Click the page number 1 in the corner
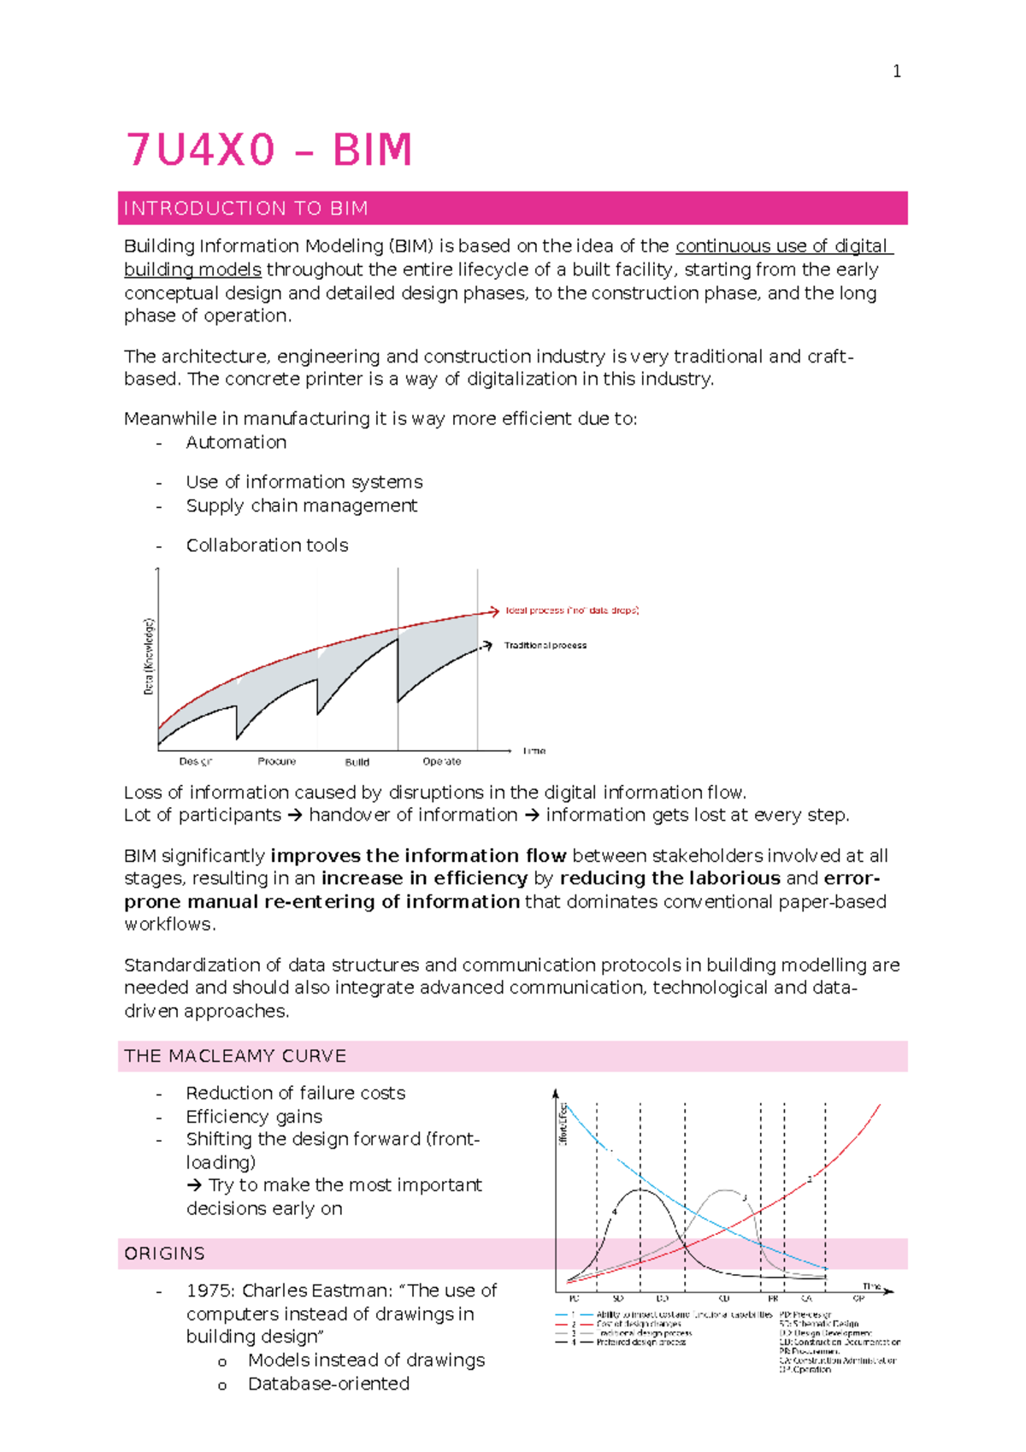(896, 72)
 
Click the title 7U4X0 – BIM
(269, 150)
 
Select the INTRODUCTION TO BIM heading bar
(512, 208)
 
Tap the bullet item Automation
(236, 442)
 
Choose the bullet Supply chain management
(301, 505)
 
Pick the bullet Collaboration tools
(267, 545)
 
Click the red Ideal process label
(571, 611)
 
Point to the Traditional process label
(545, 646)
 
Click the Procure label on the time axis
(276, 761)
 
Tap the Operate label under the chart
(441, 761)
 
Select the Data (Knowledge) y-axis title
(149, 656)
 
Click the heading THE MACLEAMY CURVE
(235, 1056)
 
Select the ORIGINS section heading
(164, 1254)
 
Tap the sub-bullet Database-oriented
(328, 1384)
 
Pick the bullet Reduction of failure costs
(295, 1093)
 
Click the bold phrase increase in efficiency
(424, 878)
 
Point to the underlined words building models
(192, 269)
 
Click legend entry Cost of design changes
(638, 1324)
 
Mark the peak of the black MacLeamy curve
(640, 1189)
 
